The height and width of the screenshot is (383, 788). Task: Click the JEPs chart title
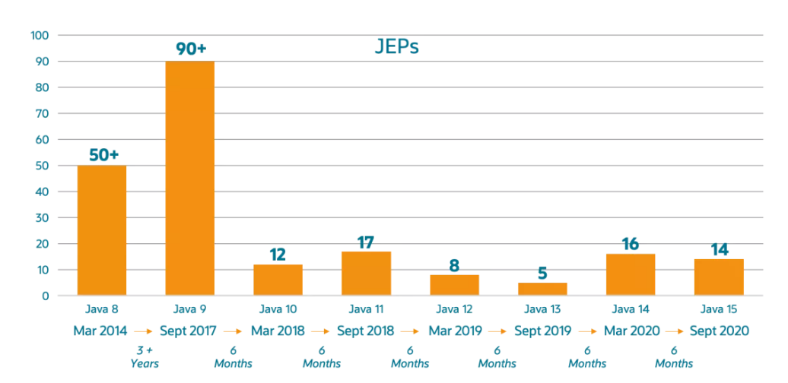click(396, 47)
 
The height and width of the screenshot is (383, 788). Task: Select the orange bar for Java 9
click(189, 178)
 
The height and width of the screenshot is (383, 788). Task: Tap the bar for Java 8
click(102, 230)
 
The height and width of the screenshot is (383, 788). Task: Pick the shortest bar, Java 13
click(542, 289)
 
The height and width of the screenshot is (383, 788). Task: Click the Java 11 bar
click(366, 273)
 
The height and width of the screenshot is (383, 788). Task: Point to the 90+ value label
click(189, 49)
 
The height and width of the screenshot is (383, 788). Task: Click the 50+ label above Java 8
click(103, 154)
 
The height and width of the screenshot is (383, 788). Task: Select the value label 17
click(366, 242)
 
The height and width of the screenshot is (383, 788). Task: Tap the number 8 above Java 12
click(454, 265)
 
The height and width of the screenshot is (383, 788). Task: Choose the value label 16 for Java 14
click(630, 244)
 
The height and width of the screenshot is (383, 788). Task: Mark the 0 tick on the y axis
click(46, 296)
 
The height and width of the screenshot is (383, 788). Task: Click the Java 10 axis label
click(278, 309)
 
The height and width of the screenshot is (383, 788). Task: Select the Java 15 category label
click(718, 309)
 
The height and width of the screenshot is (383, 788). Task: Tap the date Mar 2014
click(102, 331)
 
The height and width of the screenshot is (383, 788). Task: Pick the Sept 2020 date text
click(719, 331)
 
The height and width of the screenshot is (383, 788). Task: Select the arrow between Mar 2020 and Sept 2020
click(674, 331)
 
